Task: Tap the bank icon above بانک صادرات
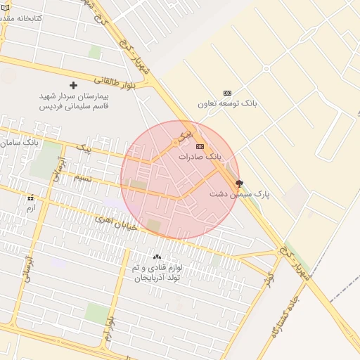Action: (x=200, y=146)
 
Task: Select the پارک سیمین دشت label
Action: (x=240, y=193)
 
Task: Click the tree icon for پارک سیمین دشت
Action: (x=239, y=183)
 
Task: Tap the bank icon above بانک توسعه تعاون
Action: (x=227, y=93)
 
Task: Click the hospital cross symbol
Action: (x=73, y=85)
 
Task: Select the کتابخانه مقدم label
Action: (x=21, y=17)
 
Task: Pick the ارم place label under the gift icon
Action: (x=30, y=209)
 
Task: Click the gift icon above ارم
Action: (x=30, y=198)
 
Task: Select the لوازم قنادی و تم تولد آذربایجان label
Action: (x=156, y=273)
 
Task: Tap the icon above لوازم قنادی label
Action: (x=156, y=257)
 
